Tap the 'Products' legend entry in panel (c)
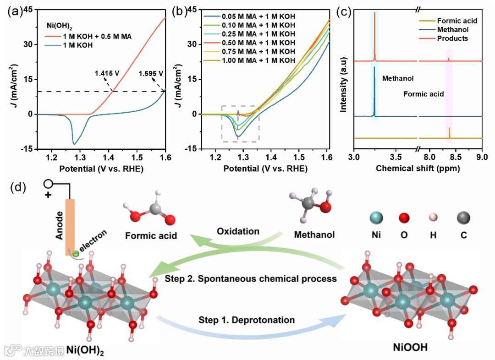(x=452, y=38)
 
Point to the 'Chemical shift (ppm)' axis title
(x=418, y=169)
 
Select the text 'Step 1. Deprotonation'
(x=247, y=319)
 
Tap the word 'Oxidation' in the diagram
(x=238, y=231)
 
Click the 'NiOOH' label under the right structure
(x=411, y=348)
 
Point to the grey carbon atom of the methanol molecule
(x=308, y=202)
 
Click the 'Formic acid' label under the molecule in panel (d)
(x=151, y=235)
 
